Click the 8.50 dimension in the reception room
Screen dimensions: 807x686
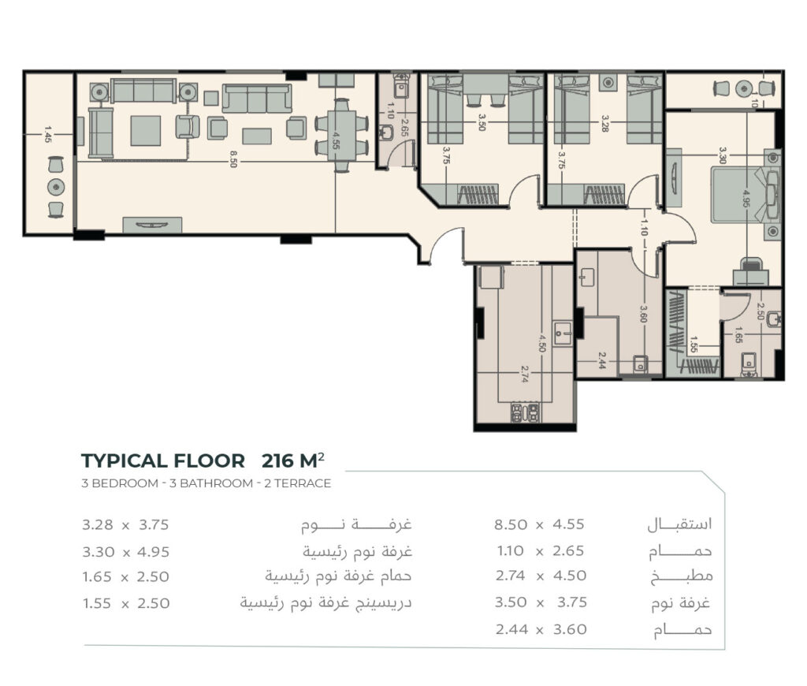(233, 159)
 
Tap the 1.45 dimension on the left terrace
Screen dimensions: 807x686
(47, 134)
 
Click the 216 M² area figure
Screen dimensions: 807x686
(293, 460)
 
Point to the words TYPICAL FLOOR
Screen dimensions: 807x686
(163, 461)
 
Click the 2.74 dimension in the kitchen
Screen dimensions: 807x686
(524, 375)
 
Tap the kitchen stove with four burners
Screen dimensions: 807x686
(525, 413)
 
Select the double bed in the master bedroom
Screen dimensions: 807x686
(745, 194)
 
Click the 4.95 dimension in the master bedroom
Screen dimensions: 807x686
(746, 198)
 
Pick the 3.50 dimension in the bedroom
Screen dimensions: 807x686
(482, 122)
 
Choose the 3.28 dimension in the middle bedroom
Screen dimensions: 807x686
(605, 124)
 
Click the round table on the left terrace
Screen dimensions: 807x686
(56, 186)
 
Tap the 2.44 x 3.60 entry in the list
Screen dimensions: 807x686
(541, 629)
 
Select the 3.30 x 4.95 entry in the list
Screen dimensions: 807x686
(125, 552)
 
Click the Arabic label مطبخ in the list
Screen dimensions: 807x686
(682, 576)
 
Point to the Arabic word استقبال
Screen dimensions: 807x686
(679, 525)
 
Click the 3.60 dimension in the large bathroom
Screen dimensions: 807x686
(643, 314)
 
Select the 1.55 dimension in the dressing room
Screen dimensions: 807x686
(694, 345)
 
